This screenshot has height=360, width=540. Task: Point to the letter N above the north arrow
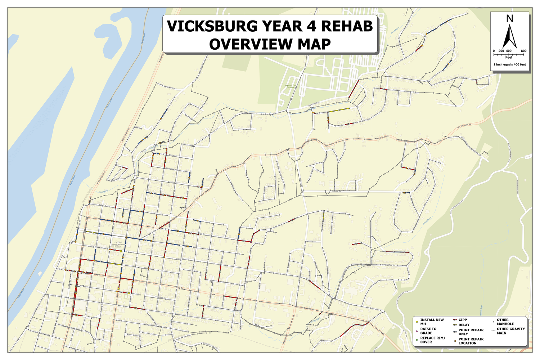click(x=509, y=19)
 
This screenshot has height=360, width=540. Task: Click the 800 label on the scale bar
click(x=523, y=51)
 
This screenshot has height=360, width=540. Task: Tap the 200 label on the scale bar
click(x=501, y=51)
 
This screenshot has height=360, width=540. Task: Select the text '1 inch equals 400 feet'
click(x=509, y=64)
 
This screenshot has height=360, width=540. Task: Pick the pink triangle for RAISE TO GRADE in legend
click(x=417, y=330)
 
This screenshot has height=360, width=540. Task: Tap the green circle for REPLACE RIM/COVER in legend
click(x=417, y=339)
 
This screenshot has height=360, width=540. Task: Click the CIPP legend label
click(x=463, y=320)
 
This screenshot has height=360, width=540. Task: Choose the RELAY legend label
click(x=464, y=325)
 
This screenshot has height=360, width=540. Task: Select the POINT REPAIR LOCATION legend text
click(x=471, y=341)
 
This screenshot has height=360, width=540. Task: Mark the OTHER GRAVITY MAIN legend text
click(x=510, y=331)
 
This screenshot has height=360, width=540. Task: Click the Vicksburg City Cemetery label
click(x=290, y=86)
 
